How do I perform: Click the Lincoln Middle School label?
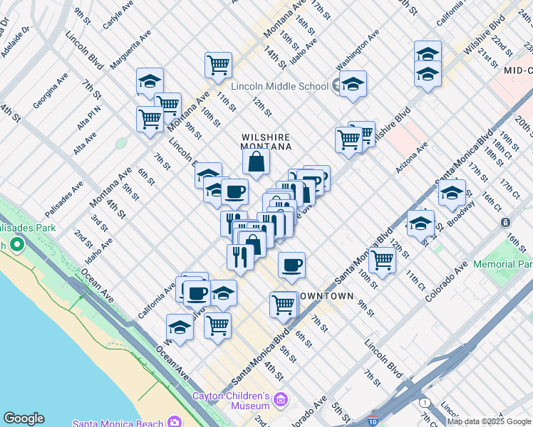[280, 86]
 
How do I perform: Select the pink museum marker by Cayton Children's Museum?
[281, 399]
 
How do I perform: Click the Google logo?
[24, 418]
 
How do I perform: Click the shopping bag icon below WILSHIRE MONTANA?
[256, 162]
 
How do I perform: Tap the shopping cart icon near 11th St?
[218, 65]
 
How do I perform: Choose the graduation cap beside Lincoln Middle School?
[352, 85]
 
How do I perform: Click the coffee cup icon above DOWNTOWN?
[291, 265]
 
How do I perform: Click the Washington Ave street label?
[358, 51]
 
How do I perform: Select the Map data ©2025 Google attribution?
[489, 421]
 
